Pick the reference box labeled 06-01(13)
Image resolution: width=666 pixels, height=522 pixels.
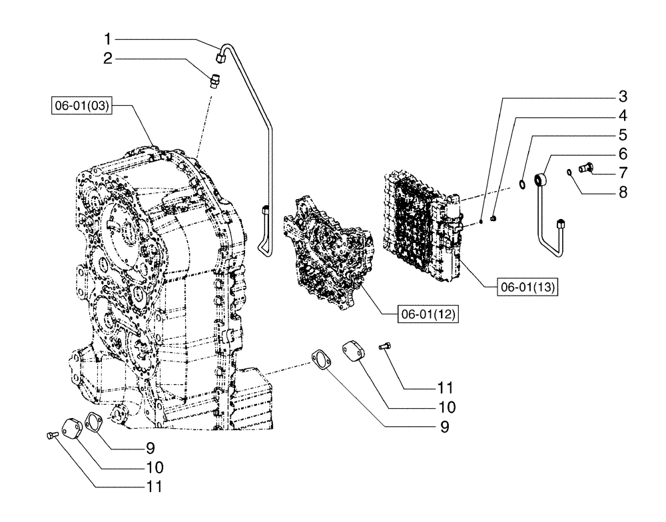pos(527,288)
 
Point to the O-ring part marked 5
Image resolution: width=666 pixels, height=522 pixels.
pos(525,182)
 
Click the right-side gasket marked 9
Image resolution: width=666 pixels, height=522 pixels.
pos(322,360)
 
